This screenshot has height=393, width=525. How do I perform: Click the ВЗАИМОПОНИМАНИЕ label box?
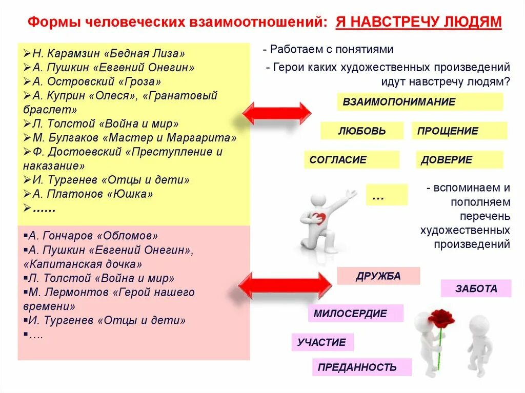coord(419,101)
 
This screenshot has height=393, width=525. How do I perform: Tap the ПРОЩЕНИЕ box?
coord(459,131)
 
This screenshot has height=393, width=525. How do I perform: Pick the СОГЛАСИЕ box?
coord(351,160)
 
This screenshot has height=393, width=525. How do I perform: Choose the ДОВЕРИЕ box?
coord(459,160)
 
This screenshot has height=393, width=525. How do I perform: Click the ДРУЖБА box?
coord(378,276)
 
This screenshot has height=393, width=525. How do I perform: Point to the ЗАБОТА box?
coord(476,288)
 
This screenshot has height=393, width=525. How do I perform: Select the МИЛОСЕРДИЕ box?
coord(355,313)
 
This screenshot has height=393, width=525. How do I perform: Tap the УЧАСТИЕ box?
coord(322,342)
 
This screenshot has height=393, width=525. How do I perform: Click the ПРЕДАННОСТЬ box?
coord(361,367)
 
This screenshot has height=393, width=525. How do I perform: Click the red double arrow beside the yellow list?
coord(276,113)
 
